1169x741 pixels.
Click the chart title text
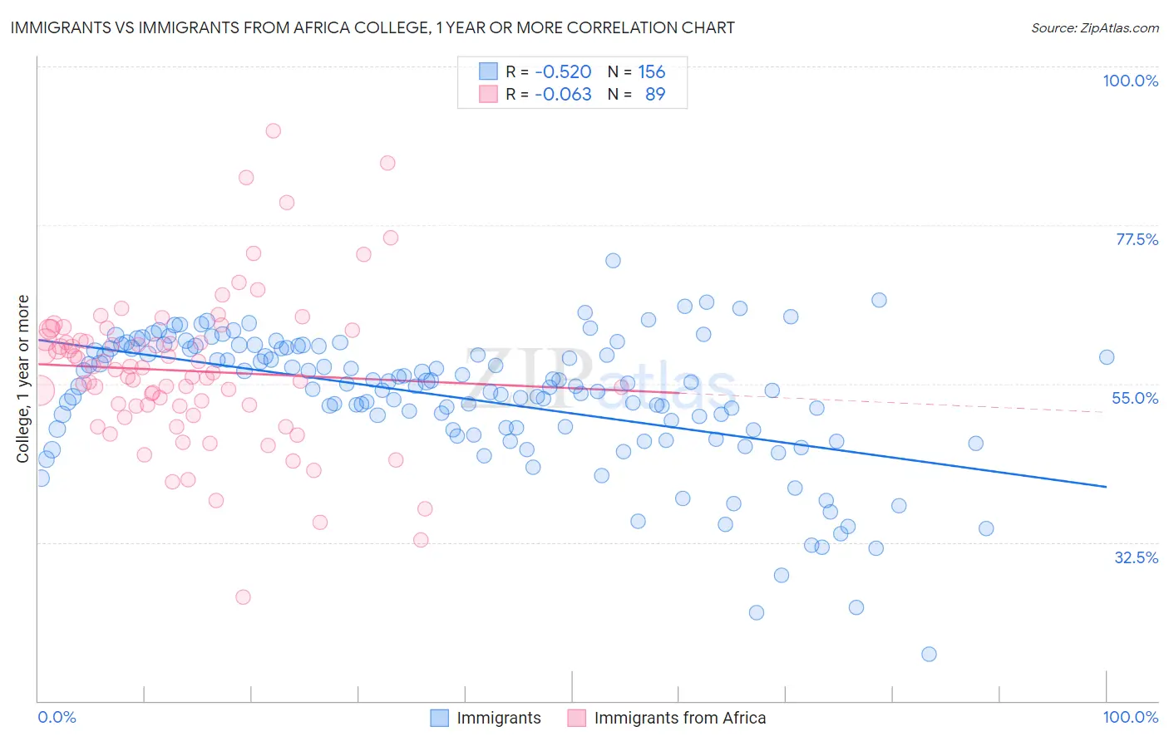pos(372,27)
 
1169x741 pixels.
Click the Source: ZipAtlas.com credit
pos(1094,27)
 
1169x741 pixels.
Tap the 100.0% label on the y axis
pos(1130,81)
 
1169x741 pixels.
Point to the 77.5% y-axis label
pos(1137,239)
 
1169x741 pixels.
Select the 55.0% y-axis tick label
pos(1135,398)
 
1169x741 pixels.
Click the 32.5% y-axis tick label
pos(1136,557)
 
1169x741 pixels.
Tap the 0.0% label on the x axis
pos(57,717)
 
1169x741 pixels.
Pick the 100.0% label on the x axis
pos(1130,717)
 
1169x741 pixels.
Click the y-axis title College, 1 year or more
pos(23,379)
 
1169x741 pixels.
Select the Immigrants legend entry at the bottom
pos(498,718)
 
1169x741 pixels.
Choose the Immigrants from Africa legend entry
pos(679,718)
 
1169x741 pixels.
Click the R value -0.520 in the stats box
pos(563,72)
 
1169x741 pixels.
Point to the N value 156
pos(651,72)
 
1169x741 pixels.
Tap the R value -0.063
pos(563,94)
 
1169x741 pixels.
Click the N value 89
pos(655,94)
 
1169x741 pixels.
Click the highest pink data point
pos(273,130)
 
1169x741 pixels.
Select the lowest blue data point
pos(929,654)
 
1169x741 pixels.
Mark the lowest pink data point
pos(243,596)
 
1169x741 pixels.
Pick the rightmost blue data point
pos(1107,357)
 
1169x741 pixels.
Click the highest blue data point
pos(613,260)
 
